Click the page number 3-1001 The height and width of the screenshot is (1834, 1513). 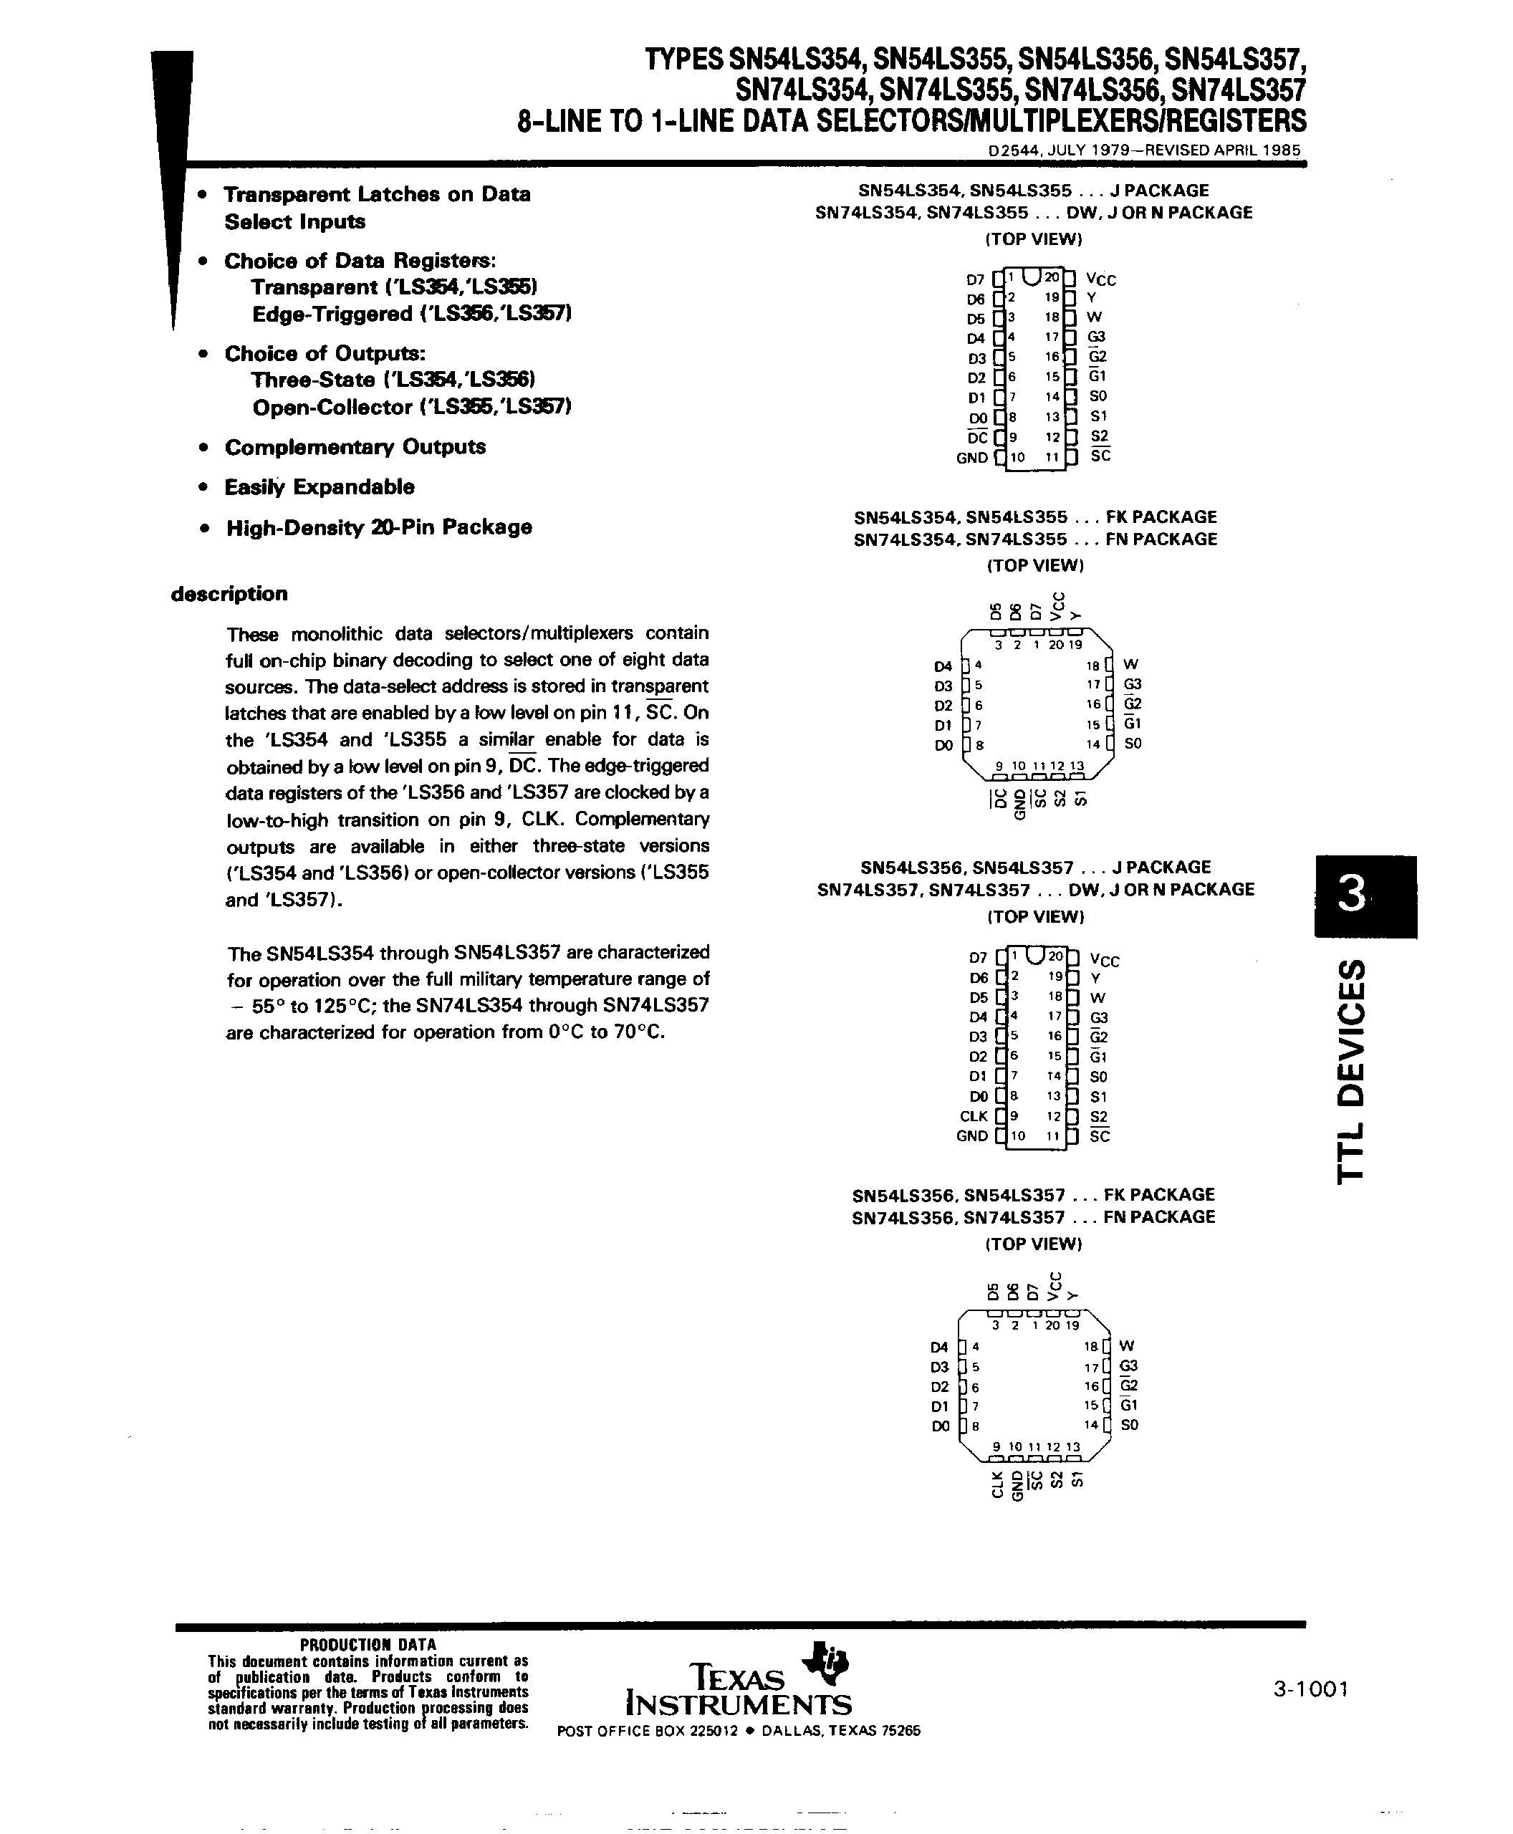[1310, 1689]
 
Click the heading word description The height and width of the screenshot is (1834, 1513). [229, 594]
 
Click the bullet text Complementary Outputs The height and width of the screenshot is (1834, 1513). [355, 447]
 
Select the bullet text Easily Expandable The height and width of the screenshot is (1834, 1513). [319, 487]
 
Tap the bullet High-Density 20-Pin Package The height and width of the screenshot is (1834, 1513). [378, 527]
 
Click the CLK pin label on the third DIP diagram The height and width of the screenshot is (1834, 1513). [973, 1115]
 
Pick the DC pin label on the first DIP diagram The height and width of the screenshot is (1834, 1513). [977, 438]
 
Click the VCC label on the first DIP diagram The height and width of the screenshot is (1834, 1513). [1102, 280]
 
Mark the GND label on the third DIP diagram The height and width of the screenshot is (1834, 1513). [971, 1136]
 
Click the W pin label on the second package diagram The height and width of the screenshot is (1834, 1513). [1132, 664]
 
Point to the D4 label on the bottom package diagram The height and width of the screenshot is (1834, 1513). [938, 1346]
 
